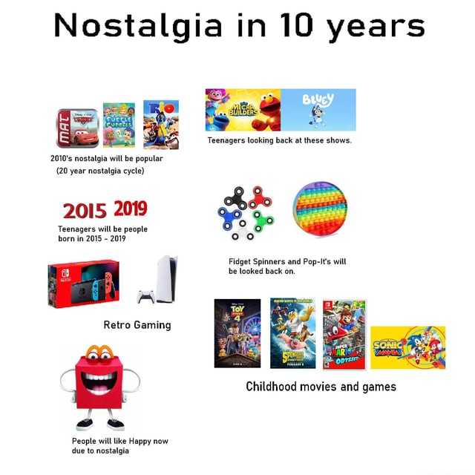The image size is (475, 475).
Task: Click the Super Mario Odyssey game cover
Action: click(x=344, y=332)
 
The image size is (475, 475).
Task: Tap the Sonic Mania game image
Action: click(x=407, y=347)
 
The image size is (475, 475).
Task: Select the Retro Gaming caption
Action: click(x=137, y=324)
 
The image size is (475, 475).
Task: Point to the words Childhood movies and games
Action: click(x=321, y=386)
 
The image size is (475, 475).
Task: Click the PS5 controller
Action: click(x=146, y=298)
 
